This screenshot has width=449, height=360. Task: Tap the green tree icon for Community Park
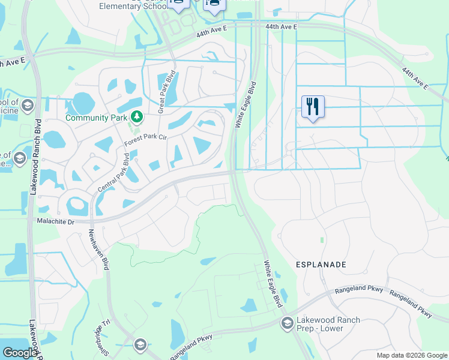tap(137, 116)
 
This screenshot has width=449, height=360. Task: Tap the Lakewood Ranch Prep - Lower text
tap(328, 324)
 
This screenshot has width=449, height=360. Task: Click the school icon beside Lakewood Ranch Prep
tap(288, 323)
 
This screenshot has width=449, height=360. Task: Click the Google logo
tap(20, 353)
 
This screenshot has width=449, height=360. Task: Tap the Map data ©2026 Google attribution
tap(412, 355)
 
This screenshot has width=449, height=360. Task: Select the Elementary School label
tap(132, 6)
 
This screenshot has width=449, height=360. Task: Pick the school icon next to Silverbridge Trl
tap(140, 344)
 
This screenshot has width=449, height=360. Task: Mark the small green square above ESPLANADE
tap(322, 240)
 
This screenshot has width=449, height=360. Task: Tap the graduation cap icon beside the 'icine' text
tap(27, 106)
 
